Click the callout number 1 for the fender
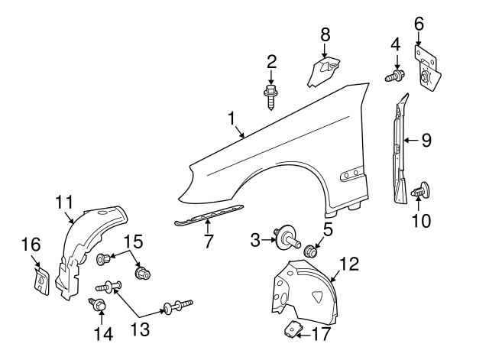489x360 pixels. tap(232, 118)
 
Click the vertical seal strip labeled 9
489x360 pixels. tap(398, 149)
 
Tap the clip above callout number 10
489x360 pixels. tap(421, 192)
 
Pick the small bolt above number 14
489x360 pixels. tap(100, 305)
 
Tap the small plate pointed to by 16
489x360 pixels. tap(40, 280)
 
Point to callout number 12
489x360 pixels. tap(348, 264)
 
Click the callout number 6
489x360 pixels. tap(418, 24)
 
